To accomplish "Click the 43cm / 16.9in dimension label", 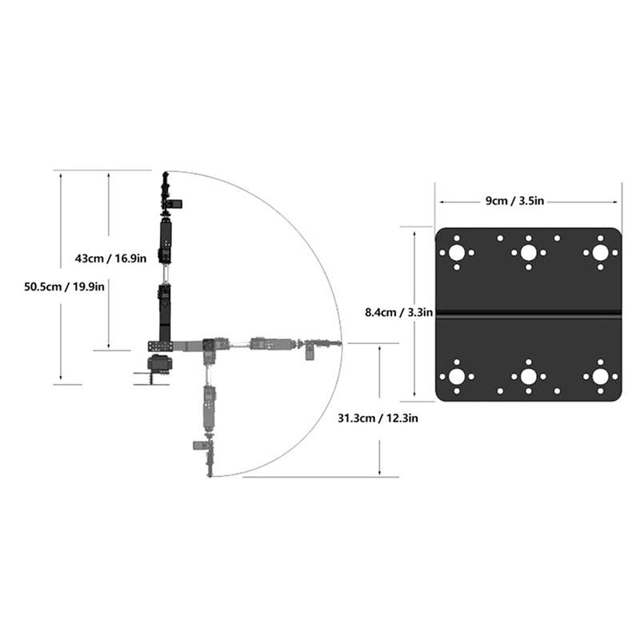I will click(110, 258).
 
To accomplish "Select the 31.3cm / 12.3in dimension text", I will click(378, 417).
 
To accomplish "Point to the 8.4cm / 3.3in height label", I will click(398, 312).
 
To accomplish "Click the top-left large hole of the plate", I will click(457, 253).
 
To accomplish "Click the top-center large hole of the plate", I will click(528, 253).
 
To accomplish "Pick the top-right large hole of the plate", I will click(599, 253).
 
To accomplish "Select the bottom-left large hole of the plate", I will click(457, 376).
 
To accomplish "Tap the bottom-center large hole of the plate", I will click(528, 376).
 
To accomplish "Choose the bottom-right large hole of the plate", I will click(599, 376).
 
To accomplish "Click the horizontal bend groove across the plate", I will click(528, 311).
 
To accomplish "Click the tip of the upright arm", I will click(165, 174).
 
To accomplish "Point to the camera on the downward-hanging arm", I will click(198, 445).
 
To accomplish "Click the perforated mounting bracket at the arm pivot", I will click(160, 346).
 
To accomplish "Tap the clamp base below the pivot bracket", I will click(159, 366).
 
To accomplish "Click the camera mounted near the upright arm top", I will click(175, 203).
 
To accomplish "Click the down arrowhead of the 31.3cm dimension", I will click(379, 473).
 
